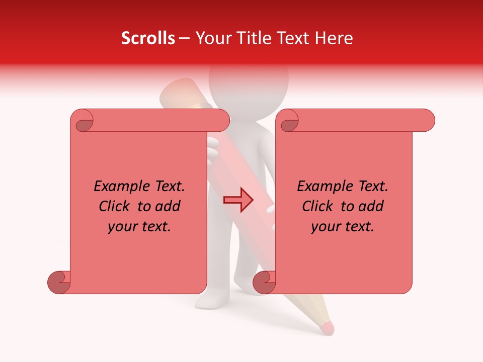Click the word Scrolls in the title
pos(148,38)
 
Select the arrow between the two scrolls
pos(238,201)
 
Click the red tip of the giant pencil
pos(327,328)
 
